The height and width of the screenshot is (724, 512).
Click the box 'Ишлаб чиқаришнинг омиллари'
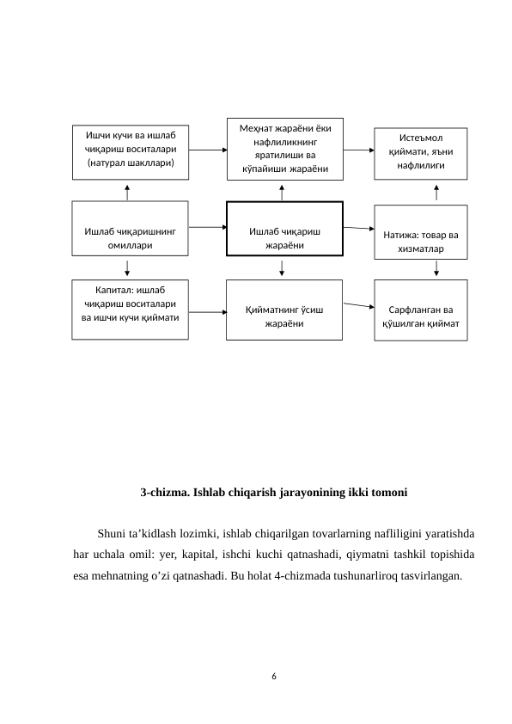click(131, 229)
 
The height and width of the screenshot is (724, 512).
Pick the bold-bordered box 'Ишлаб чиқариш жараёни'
click(284, 229)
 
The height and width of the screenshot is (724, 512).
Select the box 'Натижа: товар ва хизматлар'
click(421, 232)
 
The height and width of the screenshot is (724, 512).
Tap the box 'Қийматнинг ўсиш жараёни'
click(284, 310)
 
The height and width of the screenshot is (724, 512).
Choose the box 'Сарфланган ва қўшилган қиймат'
click(421, 310)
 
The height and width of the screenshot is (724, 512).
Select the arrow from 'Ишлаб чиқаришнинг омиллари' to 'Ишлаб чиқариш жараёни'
click(207, 228)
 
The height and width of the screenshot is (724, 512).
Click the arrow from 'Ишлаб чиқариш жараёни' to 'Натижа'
click(359, 229)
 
